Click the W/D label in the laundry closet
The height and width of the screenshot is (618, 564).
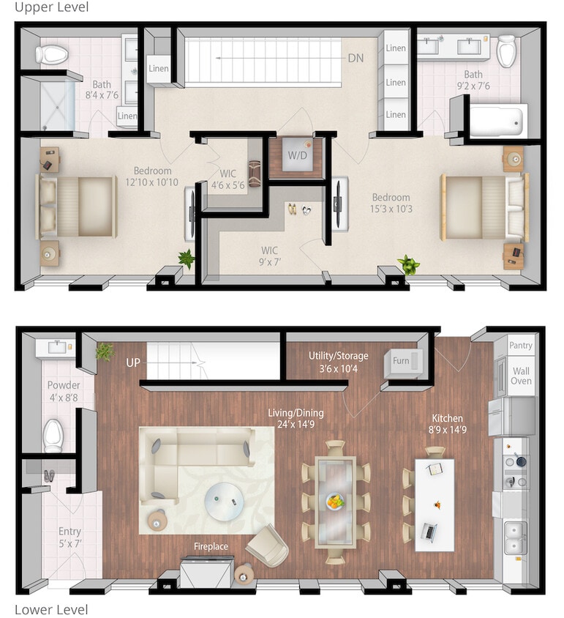coord(296,155)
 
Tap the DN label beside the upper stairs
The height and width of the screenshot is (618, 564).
coord(356,59)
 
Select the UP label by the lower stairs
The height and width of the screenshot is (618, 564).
coord(134,362)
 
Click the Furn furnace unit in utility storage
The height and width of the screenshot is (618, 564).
coord(402,361)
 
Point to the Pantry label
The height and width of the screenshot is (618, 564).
coord(521,346)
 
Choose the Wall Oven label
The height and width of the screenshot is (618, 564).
coord(521,376)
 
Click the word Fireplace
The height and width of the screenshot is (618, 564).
coord(211,546)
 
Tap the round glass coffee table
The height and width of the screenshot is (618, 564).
coord(225,501)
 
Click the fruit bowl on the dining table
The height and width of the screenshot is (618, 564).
coord(335,502)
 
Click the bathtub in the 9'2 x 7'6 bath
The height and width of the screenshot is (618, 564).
coord(498,119)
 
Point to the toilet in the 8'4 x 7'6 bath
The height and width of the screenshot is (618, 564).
coord(52,53)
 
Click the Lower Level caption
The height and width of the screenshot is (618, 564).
coord(51,609)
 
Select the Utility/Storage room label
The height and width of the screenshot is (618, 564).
coord(338,356)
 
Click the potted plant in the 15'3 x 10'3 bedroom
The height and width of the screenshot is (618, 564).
coord(407,264)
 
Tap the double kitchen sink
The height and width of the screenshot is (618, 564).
coord(514,537)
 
